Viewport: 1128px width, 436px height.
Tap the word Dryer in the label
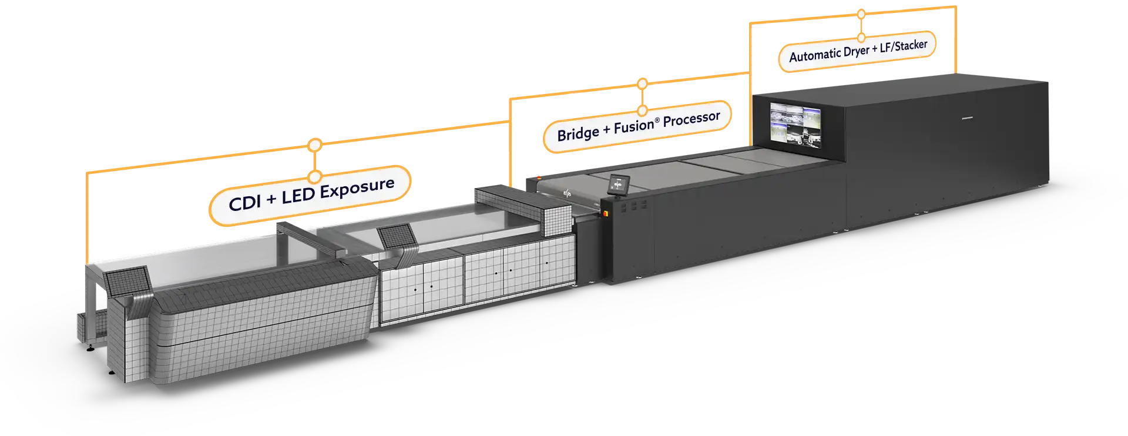point(857,51)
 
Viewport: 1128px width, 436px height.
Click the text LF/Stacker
point(904,45)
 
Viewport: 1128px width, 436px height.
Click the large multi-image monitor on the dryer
point(795,123)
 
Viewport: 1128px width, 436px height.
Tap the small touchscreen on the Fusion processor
point(618,185)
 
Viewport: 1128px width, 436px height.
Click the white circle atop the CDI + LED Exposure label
point(315,145)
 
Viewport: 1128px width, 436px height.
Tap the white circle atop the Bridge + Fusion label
point(642,84)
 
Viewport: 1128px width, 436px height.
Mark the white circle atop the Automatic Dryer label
point(861,14)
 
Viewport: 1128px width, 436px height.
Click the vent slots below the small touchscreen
point(634,206)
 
